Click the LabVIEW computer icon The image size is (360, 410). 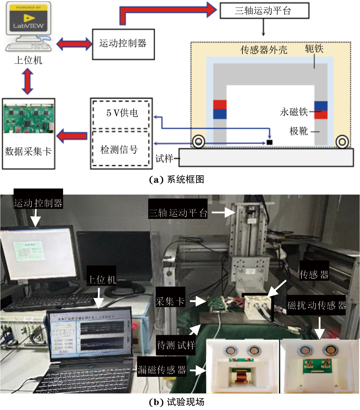pyautogui.click(x=28, y=27)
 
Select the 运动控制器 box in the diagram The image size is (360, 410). pyautogui.click(x=123, y=44)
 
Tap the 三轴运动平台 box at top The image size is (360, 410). pyautogui.click(x=264, y=11)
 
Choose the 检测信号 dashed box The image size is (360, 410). pyautogui.click(x=121, y=149)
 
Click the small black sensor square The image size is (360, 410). pyautogui.click(x=269, y=142)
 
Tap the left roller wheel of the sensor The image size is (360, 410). pyautogui.click(x=199, y=141)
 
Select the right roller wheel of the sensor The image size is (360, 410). pyautogui.click(x=342, y=141)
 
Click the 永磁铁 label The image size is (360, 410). pyautogui.click(x=294, y=112)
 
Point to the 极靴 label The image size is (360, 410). pyautogui.click(x=299, y=131)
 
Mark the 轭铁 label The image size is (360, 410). pyautogui.click(x=314, y=49)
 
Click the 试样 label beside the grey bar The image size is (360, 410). pyautogui.click(x=164, y=158)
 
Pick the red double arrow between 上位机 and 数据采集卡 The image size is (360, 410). pyautogui.click(x=28, y=81)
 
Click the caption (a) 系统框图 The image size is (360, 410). pyautogui.click(x=177, y=179)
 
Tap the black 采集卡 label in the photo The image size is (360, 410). pyautogui.click(x=170, y=301)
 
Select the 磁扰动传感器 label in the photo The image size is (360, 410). pyautogui.click(x=316, y=305)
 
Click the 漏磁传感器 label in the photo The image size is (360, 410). pyautogui.click(x=162, y=370)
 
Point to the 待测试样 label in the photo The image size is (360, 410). pyautogui.click(x=176, y=345)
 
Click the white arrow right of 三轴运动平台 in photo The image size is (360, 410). pyautogui.click(x=223, y=213)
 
